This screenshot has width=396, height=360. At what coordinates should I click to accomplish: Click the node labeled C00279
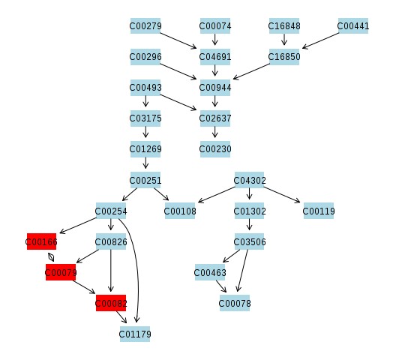coord(145,25)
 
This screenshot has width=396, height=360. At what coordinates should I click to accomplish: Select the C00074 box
coord(215,25)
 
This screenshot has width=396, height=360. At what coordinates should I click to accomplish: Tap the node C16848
coord(284,25)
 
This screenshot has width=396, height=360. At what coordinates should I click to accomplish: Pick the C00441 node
coord(353,25)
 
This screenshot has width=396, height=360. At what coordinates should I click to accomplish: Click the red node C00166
coord(41,241)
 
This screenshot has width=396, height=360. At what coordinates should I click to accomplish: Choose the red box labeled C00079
coord(61,272)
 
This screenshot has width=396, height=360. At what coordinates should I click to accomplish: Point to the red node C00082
coord(111,303)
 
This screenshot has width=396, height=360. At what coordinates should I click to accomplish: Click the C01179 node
coord(135,334)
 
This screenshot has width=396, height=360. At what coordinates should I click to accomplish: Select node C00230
coord(215,148)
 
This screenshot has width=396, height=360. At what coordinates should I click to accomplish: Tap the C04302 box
coord(249,180)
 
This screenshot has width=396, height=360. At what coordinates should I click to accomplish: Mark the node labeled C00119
coord(319,211)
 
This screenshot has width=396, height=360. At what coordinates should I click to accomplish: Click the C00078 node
coord(235,303)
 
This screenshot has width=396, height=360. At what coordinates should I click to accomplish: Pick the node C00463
coord(210,272)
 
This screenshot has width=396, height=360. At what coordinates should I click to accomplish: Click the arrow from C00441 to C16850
coord(320,40)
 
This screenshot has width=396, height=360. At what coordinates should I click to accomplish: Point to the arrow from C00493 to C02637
coord(178,102)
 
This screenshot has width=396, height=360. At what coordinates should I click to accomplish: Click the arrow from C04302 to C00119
coord(282,195)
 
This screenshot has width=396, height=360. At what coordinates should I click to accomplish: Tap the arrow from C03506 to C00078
coord(243,271)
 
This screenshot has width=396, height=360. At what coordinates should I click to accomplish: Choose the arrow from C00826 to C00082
coord(110,271)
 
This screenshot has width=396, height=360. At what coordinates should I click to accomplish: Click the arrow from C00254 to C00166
coord(78,225)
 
